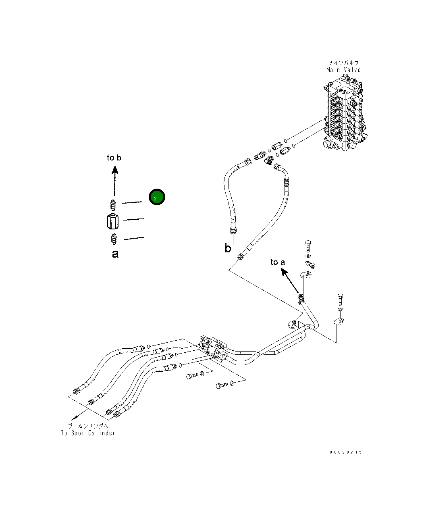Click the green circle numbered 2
click(x=157, y=197)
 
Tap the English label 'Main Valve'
click(x=343, y=70)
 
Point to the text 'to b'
click(x=114, y=158)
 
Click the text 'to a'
click(x=278, y=262)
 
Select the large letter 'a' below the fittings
click(x=115, y=254)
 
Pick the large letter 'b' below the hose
click(x=228, y=248)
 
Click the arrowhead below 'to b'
click(x=115, y=170)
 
